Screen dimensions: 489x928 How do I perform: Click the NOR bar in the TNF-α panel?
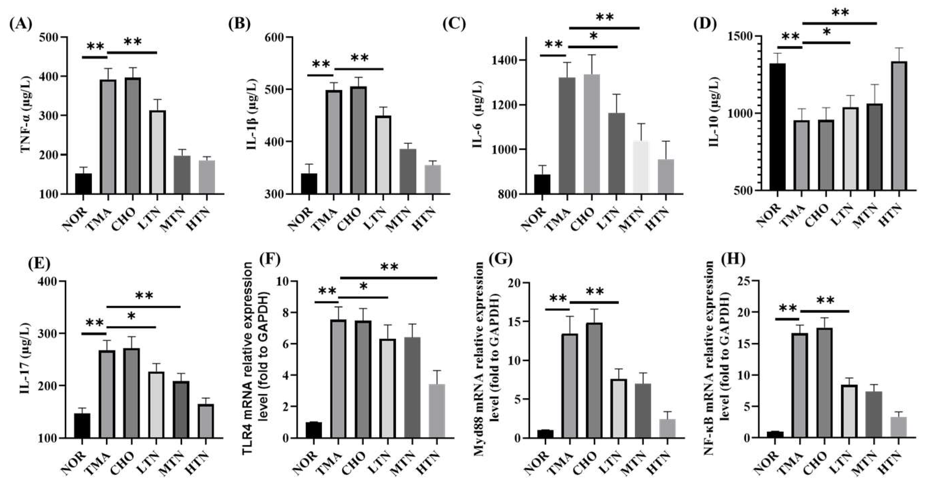tap(83, 184)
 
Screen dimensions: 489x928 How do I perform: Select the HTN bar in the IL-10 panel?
tap(898, 126)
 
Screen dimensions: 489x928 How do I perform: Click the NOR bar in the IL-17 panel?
tap(82, 426)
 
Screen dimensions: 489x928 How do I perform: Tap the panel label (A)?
tap(21, 24)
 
